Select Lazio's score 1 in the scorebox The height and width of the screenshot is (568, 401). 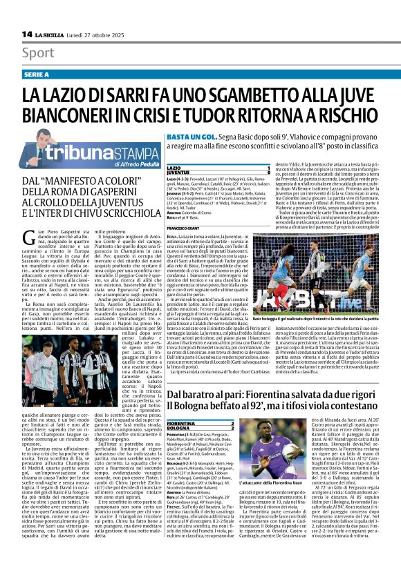(x=268, y=168)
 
